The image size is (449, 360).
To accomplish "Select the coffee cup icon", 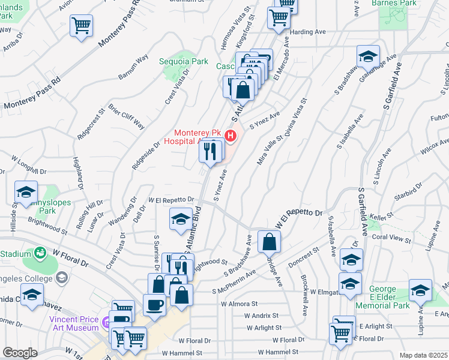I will pyautogui.click(x=154, y=305).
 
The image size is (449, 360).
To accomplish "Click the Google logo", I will pyautogui.click(x=20, y=352).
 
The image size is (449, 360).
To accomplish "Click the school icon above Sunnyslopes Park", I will pyautogui.click(x=26, y=192).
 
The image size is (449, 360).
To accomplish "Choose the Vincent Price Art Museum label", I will pyautogui.click(x=74, y=323).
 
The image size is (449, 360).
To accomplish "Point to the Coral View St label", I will pyautogui.click(x=391, y=238).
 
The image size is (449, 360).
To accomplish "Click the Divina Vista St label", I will pyautogui.click(x=295, y=120).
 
